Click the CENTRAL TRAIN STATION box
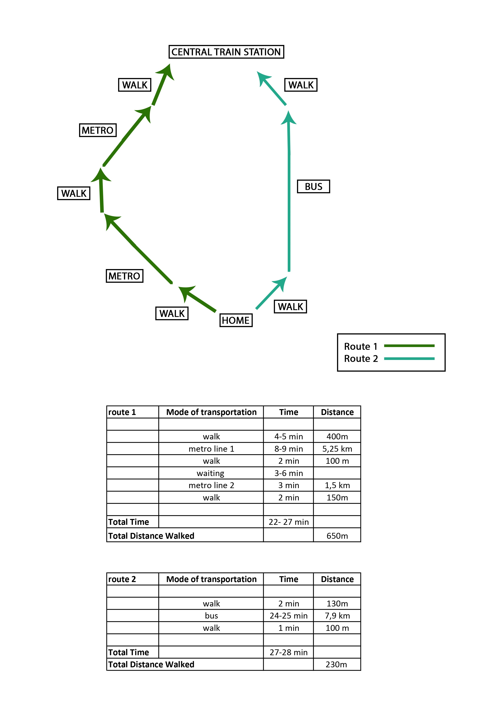click(x=226, y=52)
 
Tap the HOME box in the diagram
click(x=236, y=320)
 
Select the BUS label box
click(x=313, y=186)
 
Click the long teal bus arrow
click(x=289, y=191)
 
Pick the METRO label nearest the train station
click(x=98, y=130)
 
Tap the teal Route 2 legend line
click(x=409, y=358)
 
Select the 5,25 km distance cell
click(x=337, y=449)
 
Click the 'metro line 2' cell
click(x=211, y=485)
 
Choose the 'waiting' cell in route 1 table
click(x=211, y=473)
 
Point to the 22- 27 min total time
click(x=288, y=522)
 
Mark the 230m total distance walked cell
click(x=337, y=664)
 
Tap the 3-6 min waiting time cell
click(x=288, y=473)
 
